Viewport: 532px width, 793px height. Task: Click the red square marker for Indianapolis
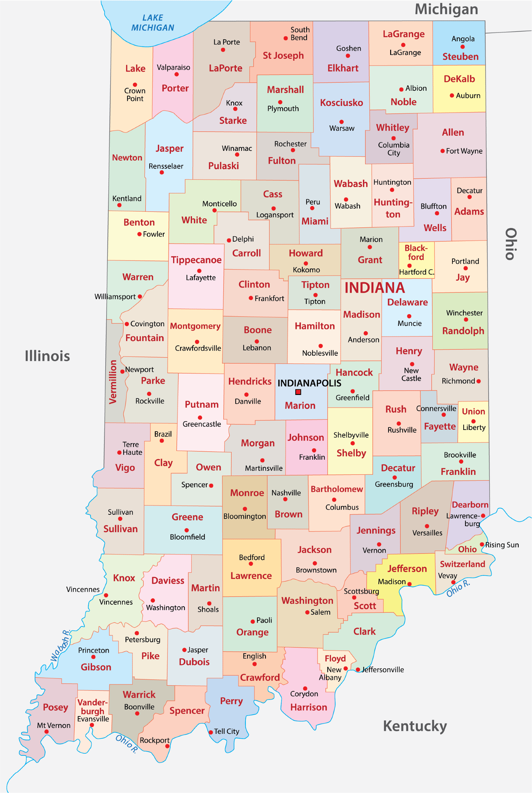point(298,392)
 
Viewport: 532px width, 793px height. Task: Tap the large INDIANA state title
point(375,288)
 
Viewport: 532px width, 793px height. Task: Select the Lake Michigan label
point(153,23)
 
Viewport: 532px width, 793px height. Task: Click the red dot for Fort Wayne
point(443,151)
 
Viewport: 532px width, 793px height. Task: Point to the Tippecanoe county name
point(196,260)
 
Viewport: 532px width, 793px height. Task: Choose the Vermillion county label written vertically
point(113,382)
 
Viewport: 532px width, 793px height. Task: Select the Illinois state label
point(47,356)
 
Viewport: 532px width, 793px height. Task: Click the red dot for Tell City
point(211,732)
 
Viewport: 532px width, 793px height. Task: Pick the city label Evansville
point(93,719)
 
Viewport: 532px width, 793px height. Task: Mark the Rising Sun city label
point(502,545)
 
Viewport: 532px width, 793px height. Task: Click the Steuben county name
point(460,57)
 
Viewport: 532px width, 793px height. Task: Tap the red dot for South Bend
point(286,38)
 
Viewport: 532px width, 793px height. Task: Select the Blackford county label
point(416,252)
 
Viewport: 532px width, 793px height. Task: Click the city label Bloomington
point(244,516)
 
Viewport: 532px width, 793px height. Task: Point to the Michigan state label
point(446,9)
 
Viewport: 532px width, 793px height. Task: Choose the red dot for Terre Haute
point(120,452)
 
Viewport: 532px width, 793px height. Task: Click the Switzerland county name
point(462,564)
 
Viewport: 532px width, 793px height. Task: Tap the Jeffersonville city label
point(383,669)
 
